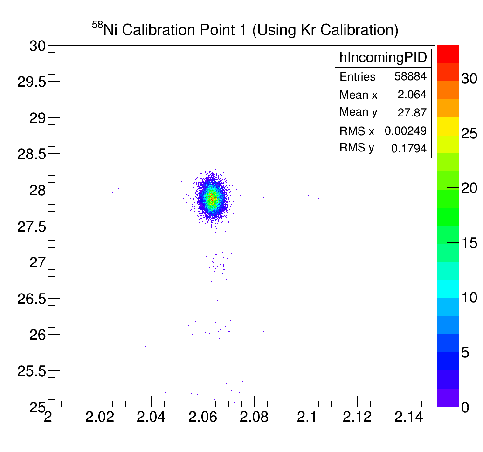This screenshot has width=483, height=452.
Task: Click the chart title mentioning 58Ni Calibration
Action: (x=245, y=30)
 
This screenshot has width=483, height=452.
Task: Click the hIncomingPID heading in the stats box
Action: (x=382, y=57)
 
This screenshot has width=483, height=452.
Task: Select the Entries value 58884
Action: (x=410, y=76)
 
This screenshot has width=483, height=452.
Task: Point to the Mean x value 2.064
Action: (x=412, y=95)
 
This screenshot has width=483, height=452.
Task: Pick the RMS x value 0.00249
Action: (x=405, y=131)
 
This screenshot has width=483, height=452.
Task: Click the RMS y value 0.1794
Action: (x=408, y=149)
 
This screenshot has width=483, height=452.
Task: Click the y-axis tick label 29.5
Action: (x=31, y=82)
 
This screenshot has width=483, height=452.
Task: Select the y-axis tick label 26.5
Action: (x=31, y=299)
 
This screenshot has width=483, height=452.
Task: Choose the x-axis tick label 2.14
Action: (x=409, y=417)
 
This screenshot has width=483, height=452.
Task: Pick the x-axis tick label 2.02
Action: (x=100, y=417)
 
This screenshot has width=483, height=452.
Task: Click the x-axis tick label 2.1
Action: (x=306, y=417)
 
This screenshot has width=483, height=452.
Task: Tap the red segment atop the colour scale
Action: (x=448, y=54)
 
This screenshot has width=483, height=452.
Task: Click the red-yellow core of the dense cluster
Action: (x=213, y=198)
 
